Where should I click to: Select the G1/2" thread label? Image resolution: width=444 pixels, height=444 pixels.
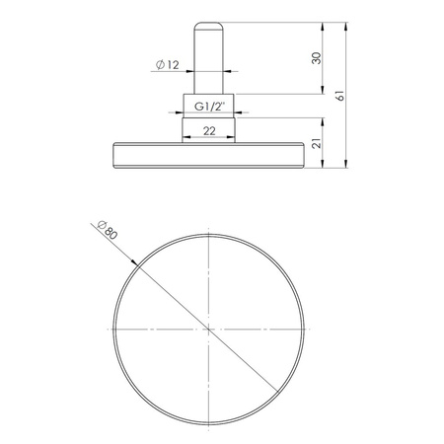tap(208, 106)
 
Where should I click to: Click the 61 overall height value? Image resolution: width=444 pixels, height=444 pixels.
tap(341, 96)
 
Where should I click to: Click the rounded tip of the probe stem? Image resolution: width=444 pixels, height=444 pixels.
tap(208, 24)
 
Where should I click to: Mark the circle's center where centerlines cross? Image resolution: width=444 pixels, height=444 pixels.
tap(208, 327)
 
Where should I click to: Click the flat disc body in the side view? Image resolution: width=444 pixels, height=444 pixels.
tap(208, 154)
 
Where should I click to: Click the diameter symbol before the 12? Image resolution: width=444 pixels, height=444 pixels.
tap(158, 66)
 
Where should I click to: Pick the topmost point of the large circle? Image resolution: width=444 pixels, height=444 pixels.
tap(208, 232)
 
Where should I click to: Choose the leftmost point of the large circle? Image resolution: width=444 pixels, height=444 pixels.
tap(113, 327)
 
